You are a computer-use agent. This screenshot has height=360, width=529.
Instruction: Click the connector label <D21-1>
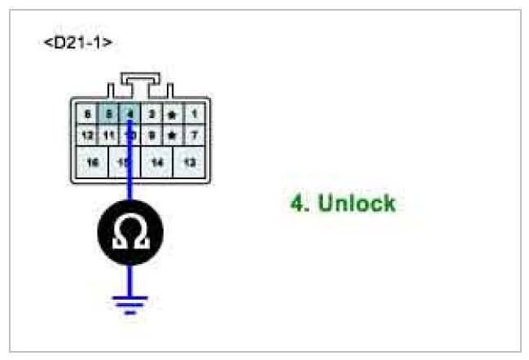[x=77, y=41]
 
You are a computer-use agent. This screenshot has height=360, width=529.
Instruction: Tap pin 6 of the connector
[x=87, y=115]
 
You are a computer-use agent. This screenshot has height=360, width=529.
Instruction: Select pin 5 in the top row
[x=108, y=115]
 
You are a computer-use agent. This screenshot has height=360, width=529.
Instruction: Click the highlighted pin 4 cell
[x=129, y=115]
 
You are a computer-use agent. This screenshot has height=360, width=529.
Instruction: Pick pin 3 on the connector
[x=151, y=115]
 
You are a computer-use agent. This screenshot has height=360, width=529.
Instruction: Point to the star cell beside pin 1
[x=172, y=115]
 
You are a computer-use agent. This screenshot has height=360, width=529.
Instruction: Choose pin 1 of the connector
[x=193, y=115]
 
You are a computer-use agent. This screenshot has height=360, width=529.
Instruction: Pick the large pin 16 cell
[x=92, y=163]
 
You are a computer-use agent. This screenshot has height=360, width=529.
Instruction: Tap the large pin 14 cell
[x=157, y=163]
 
